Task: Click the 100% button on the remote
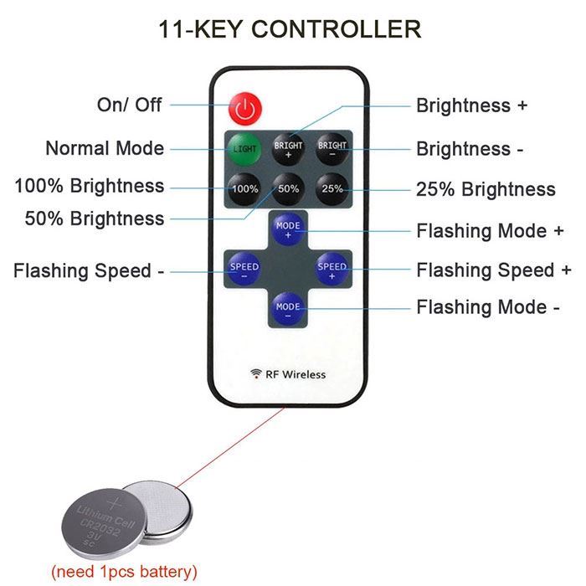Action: pyautogui.click(x=244, y=189)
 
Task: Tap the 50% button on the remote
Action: pyautogui.click(x=288, y=189)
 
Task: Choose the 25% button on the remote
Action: pyautogui.click(x=332, y=189)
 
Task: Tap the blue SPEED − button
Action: pyautogui.click(x=244, y=270)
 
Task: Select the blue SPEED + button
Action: pyautogui.click(x=332, y=270)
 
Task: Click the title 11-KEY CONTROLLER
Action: pyautogui.click(x=290, y=28)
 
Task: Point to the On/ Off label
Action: pyautogui.click(x=130, y=105)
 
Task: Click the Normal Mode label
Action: pyautogui.click(x=105, y=148)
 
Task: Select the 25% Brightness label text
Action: pyautogui.click(x=486, y=189)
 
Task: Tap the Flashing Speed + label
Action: pyautogui.click(x=494, y=270)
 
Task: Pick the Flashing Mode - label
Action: pyautogui.click(x=488, y=307)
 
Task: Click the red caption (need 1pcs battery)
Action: pyautogui.click(x=124, y=572)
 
